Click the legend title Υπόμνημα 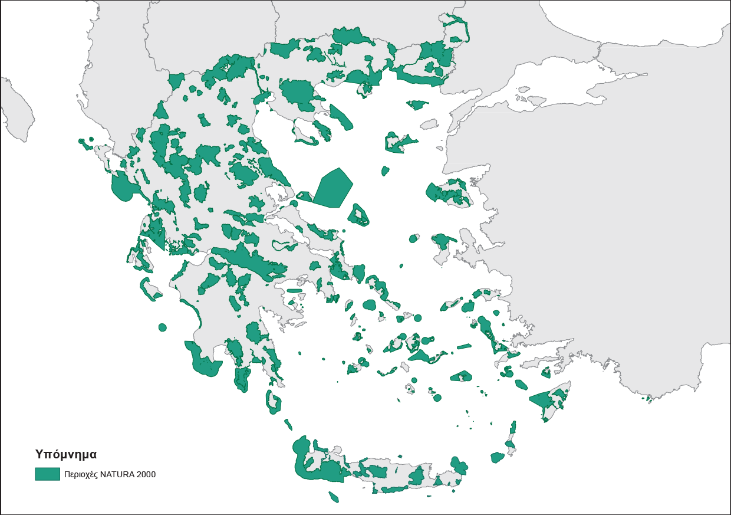point(65,455)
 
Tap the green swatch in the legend point(47,474)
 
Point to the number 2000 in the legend point(146,474)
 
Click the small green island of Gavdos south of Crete point(333,497)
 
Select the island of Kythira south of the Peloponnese point(274,402)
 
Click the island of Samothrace point(417,105)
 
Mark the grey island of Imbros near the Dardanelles point(429,124)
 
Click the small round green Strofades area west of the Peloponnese point(162,327)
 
